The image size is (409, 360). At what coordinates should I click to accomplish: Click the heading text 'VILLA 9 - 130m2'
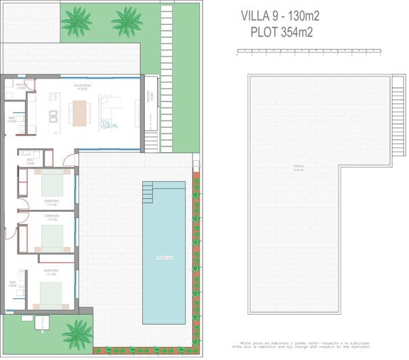280,16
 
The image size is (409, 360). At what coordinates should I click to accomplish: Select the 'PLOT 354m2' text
280,31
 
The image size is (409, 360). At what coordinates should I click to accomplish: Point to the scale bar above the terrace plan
308,51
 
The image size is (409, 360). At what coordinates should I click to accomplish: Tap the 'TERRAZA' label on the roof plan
299,166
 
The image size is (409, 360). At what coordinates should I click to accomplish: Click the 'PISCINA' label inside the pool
165,258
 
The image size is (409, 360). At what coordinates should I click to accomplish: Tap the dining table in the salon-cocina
80,113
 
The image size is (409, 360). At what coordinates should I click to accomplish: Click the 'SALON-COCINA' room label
84,87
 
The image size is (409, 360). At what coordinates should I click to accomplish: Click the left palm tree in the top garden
76,22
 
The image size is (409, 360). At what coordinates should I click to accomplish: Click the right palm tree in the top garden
127,22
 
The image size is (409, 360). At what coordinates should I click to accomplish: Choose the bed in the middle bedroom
51,238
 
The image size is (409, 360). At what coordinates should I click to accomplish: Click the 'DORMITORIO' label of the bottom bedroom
51,271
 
